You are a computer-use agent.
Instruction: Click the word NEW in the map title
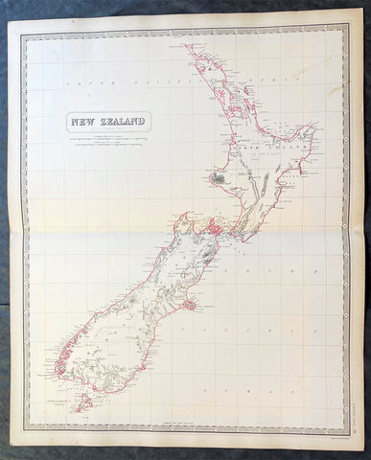pyautogui.click(x=83, y=122)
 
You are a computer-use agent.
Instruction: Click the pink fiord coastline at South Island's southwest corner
pyautogui.click(x=62, y=369)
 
